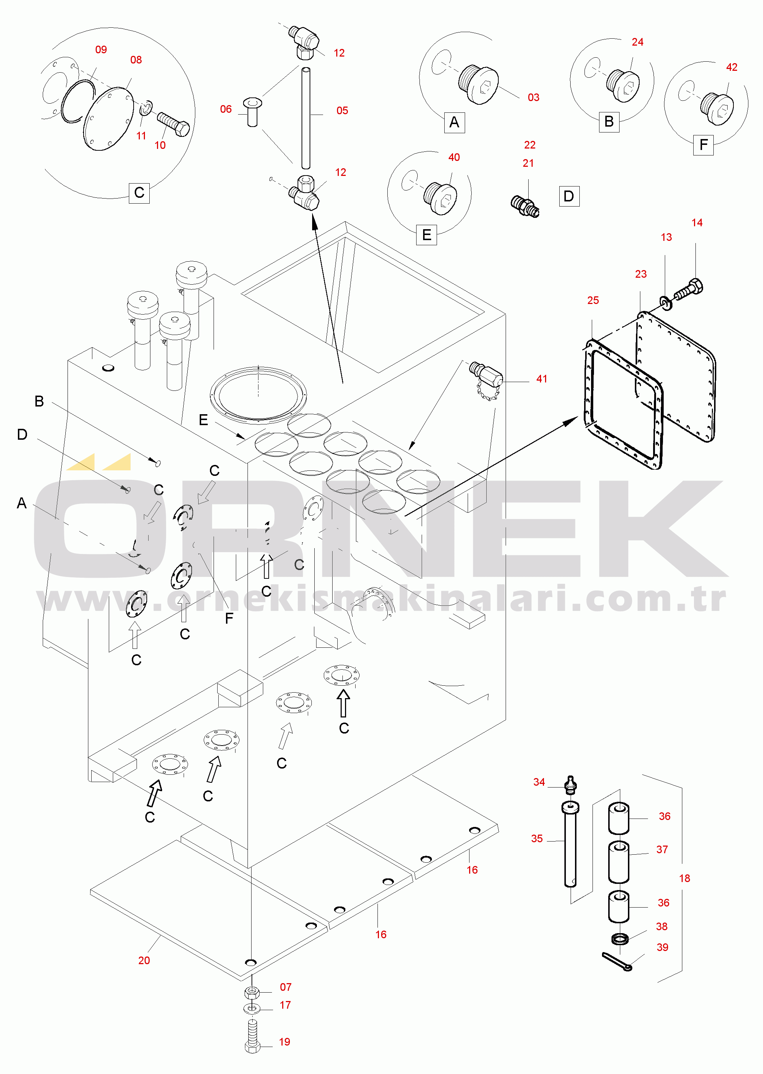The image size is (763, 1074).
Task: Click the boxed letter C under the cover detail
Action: (x=139, y=193)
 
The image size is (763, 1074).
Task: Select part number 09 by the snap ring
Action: (x=101, y=50)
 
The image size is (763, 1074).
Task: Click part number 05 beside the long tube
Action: (x=342, y=111)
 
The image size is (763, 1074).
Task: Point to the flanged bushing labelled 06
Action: (x=253, y=112)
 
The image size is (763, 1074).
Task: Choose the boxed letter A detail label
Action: (x=454, y=123)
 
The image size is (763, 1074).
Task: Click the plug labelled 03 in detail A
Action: (x=478, y=85)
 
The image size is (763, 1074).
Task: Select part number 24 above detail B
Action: (x=637, y=42)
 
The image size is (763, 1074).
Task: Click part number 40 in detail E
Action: (x=454, y=157)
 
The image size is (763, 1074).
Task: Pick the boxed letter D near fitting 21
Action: (x=569, y=196)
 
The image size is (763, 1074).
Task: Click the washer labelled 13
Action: (x=666, y=303)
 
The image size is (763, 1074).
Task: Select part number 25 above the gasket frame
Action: (x=593, y=301)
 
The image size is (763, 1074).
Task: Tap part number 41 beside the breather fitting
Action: (x=542, y=379)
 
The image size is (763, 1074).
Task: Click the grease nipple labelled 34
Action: (x=570, y=785)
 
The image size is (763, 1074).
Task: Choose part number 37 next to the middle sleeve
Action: (x=662, y=850)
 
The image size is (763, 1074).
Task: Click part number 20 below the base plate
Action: (x=144, y=961)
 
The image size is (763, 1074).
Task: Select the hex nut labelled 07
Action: (x=252, y=993)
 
